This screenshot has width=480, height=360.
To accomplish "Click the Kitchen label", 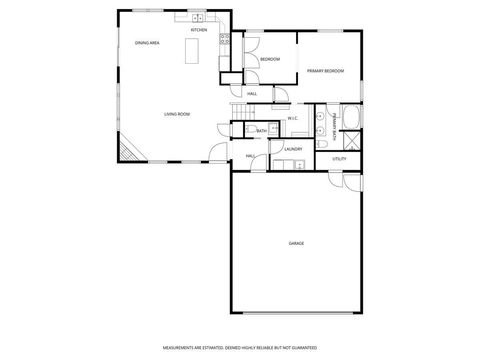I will click(x=199, y=30).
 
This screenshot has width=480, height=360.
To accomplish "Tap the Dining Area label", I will click(x=147, y=43).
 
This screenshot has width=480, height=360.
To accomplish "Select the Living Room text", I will click(x=177, y=114).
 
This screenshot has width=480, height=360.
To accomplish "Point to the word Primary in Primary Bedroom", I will click(x=316, y=71).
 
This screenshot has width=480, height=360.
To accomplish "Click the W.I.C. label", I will click(x=293, y=119).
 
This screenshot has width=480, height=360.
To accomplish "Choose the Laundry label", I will click(x=293, y=150).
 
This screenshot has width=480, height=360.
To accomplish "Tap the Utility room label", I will click(x=339, y=159).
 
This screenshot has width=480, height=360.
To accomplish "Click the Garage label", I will click(x=297, y=243).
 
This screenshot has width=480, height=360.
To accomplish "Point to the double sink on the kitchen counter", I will click(x=198, y=18).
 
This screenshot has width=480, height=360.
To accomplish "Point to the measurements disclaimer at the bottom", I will click(x=240, y=348).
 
